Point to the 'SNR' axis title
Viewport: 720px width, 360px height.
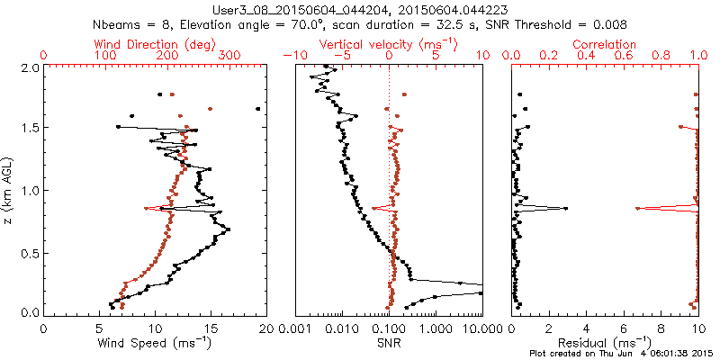[x=389, y=343]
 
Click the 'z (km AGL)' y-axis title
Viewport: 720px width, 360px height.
[x=10, y=190]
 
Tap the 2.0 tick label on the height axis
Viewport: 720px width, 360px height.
[x=30, y=67]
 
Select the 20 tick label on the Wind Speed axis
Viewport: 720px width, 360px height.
[x=265, y=329]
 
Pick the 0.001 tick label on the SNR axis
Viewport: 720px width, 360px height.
[x=295, y=329]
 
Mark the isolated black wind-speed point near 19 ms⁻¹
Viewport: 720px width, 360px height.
[x=257, y=109]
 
